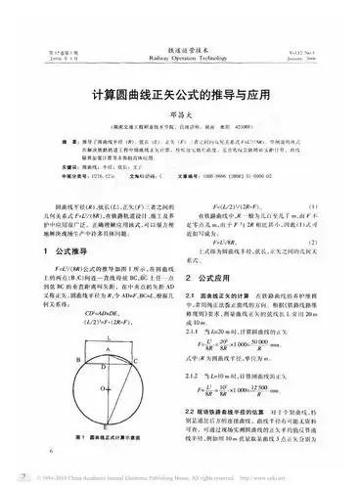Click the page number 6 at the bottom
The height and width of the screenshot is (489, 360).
tap(49, 454)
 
